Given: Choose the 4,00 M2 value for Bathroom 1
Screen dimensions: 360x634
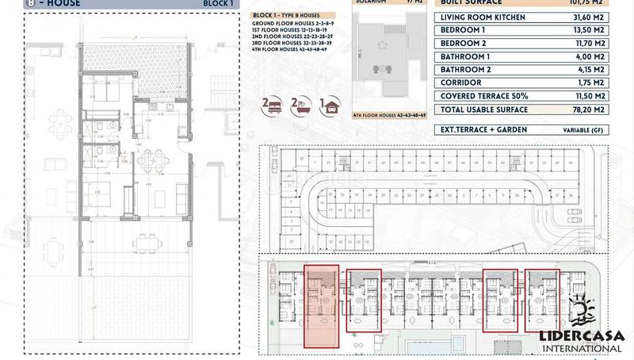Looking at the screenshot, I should coord(590,58).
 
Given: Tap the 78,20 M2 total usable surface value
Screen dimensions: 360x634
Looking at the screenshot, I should coord(587,109).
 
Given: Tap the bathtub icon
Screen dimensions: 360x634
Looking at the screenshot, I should coord(300,103).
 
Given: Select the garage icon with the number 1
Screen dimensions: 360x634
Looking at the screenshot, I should coord(327,103).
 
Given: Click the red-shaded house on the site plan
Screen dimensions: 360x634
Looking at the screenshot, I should coord(322,306).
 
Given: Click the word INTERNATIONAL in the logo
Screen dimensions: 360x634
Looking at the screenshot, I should coord(582,346).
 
